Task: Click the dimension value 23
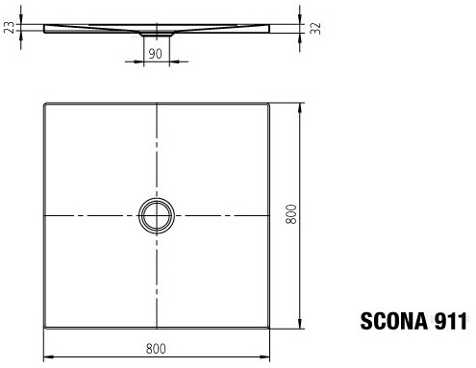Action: pyautogui.click(x=11, y=27)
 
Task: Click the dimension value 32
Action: pyautogui.click(x=315, y=28)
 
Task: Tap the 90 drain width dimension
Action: pyautogui.click(x=156, y=54)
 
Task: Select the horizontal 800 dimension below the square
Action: pyautogui.click(x=156, y=349)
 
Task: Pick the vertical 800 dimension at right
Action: pyautogui.click(x=291, y=214)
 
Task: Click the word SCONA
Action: pyautogui.click(x=393, y=321)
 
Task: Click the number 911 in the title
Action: pyautogui.click(x=450, y=321)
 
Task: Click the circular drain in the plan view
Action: pyautogui.click(x=157, y=215)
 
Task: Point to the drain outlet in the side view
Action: pyautogui.click(x=157, y=34)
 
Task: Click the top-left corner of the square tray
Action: pyautogui.click(x=44, y=103)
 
